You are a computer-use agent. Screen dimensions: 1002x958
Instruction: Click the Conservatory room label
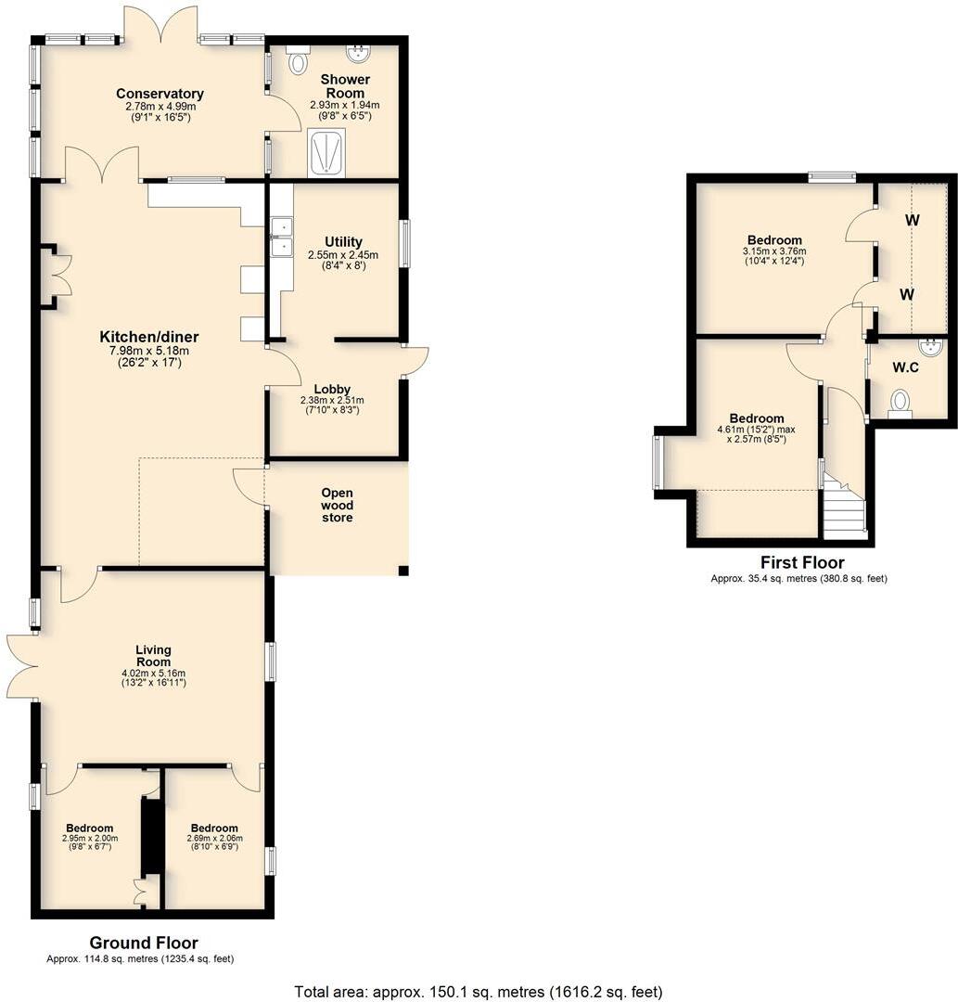click(160, 94)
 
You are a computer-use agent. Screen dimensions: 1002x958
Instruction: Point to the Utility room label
click(343, 242)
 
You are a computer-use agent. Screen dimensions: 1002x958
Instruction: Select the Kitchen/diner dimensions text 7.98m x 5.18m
click(149, 351)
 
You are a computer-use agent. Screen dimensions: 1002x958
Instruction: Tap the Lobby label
click(331, 389)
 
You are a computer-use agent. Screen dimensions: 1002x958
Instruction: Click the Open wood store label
click(338, 505)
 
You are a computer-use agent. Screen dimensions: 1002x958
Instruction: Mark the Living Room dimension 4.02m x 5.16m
click(154, 674)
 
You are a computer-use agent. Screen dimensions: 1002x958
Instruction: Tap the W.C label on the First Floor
click(905, 367)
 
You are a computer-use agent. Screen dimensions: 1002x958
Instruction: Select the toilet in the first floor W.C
click(900, 400)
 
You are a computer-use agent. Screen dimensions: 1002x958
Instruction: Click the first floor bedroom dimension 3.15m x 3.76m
click(774, 250)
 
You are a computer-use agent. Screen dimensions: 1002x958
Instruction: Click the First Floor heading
click(802, 562)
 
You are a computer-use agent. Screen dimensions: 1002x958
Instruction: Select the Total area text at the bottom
click(479, 991)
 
